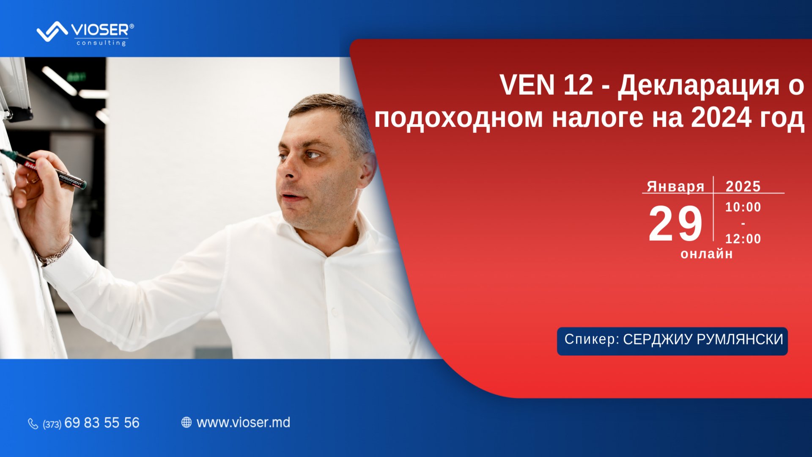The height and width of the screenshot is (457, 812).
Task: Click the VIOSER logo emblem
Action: (x=52, y=31)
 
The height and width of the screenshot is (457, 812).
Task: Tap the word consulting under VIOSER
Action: (x=101, y=43)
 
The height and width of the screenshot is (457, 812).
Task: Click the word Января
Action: (x=675, y=187)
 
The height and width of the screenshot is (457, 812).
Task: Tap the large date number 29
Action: (x=675, y=223)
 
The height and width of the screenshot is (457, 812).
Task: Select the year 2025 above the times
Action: (x=743, y=187)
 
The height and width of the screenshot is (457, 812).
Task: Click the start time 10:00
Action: (x=743, y=207)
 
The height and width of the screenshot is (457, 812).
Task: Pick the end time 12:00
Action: (x=743, y=239)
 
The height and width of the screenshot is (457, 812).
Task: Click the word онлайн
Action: (x=706, y=254)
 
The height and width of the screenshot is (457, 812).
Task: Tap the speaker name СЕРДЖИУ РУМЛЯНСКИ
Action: (x=703, y=340)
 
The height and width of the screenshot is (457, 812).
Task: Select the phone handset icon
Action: (x=33, y=423)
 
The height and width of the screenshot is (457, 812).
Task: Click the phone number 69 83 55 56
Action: (x=101, y=423)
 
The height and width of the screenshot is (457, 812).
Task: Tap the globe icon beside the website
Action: (x=186, y=422)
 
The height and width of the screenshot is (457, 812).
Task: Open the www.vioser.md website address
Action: (x=243, y=422)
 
